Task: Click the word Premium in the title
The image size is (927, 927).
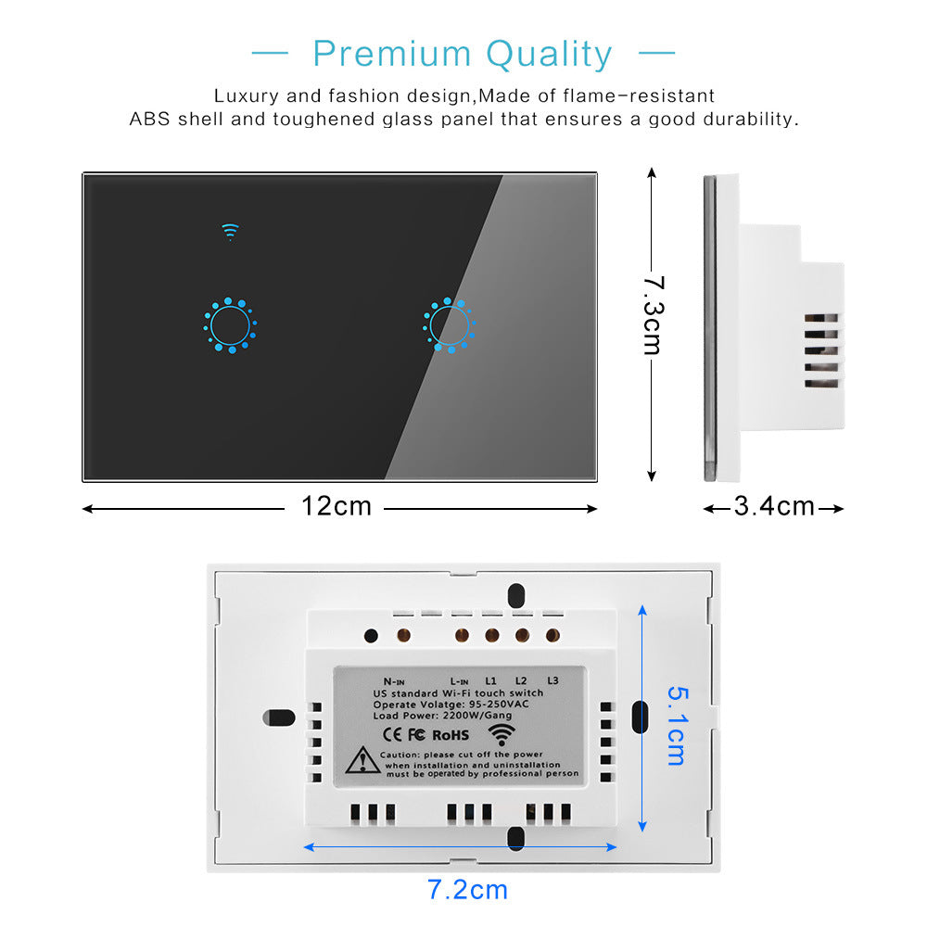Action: pos(392,55)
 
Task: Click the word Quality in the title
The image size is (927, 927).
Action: pos(549,56)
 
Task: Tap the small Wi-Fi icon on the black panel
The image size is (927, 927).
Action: pos(230,232)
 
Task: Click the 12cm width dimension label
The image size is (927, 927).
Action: pos(337,506)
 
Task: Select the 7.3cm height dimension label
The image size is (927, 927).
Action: pos(654,315)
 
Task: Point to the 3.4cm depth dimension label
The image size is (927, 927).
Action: pos(774,506)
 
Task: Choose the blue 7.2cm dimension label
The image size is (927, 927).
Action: pos(467,890)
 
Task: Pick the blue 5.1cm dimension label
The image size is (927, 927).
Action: pos(678,726)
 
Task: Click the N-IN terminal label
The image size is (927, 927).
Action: pos(394,681)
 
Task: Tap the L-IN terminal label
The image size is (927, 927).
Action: pos(460,681)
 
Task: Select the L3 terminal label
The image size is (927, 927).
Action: pos(552,681)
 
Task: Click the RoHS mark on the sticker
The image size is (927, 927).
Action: pos(451,735)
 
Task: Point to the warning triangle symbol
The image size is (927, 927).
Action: pos(362,760)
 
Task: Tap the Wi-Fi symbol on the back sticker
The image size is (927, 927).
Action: pos(502,735)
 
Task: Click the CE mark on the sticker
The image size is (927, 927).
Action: pos(392,735)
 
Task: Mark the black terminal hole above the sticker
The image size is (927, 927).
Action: pos(372,636)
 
